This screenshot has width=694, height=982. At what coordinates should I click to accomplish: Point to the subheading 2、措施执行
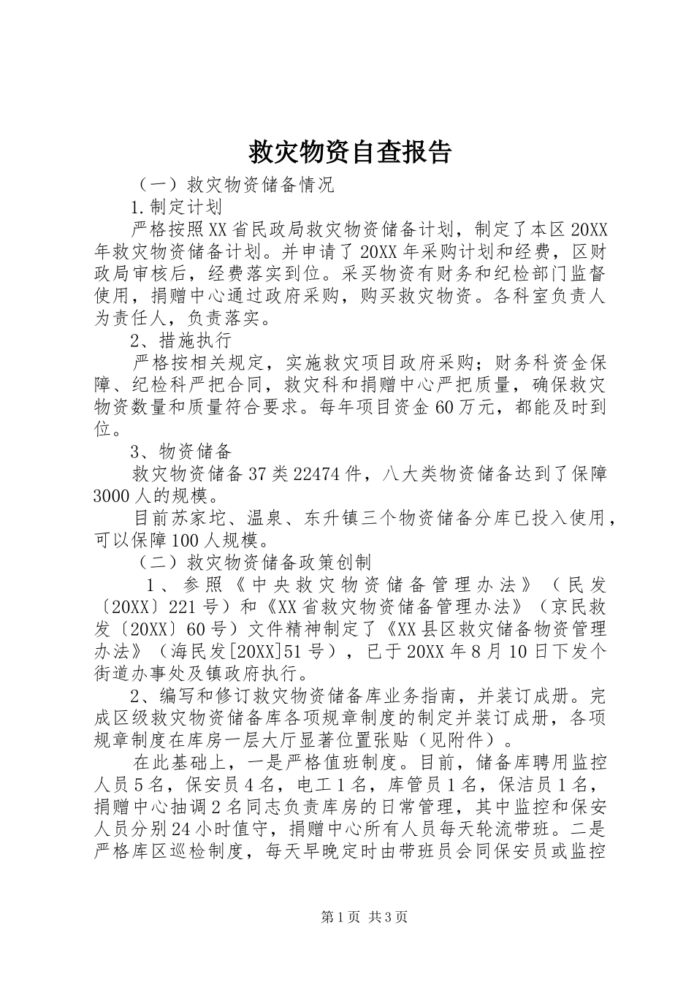tap(180, 340)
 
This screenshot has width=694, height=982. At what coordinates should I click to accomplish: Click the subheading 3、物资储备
tap(180, 451)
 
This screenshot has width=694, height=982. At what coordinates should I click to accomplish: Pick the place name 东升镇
tap(332, 518)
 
